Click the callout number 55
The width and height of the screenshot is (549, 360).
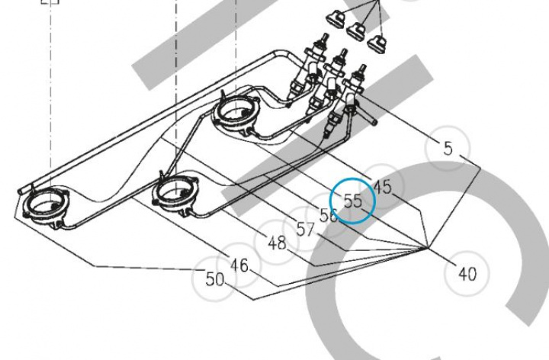tap(352, 201)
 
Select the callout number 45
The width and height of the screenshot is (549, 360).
tap(382, 187)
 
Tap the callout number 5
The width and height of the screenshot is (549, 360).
tap(448, 148)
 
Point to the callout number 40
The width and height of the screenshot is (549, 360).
tap(467, 274)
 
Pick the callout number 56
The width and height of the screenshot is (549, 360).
tap(329, 215)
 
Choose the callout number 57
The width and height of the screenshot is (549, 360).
tap(305, 230)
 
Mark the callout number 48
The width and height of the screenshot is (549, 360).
tap(277, 243)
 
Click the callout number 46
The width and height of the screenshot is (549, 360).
tap(239, 265)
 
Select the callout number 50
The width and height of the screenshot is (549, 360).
tap(214, 279)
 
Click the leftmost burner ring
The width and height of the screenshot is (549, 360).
tap(46, 207)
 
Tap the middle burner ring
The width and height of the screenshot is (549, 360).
tap(176, 194)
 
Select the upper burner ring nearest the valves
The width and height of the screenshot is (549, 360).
tap(236, 112)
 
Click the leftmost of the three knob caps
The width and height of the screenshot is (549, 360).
tap(335, 17)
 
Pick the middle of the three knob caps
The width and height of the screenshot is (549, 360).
tap(356, 30)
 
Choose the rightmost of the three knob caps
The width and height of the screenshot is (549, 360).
tap(377, 41)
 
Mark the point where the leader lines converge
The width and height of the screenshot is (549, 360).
tap(428, 248)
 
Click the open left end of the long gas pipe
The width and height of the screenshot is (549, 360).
tap(21, 191)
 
